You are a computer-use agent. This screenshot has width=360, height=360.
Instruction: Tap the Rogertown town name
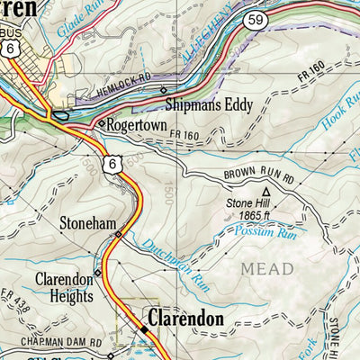(137, 126)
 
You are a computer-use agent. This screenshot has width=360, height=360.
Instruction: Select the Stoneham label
(87, 220)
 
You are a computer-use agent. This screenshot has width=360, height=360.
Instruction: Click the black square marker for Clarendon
(143, 332)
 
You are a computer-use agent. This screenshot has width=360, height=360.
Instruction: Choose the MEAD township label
(266, 268)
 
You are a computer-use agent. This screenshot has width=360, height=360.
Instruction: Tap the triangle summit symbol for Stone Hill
(265, 192)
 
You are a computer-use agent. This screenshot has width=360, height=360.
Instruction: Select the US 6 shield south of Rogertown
(112, 162)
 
